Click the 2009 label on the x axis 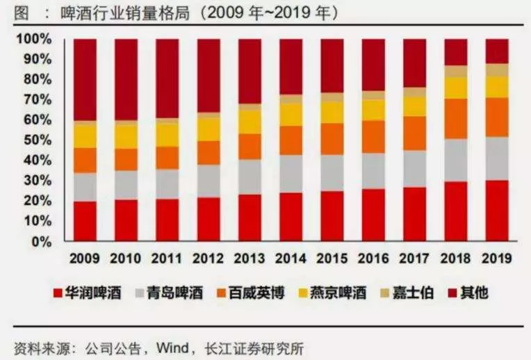click(x=85, y=259)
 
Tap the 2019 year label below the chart click(x=497, y=259)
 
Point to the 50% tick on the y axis click(x=38, y=140)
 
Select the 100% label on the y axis click(x=34, y=39)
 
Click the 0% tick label click(x=42, y=242)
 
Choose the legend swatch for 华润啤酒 click(x=58, y=293)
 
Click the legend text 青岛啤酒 click(x=175, y=293)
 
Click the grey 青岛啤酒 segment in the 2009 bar click(x=85, y=187)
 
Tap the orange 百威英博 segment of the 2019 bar click(x=497, y=117)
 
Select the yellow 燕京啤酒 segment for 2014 click(x=291, y=115)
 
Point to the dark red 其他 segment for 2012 click(x=209, y=76)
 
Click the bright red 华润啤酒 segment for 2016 click(x=373, y=215)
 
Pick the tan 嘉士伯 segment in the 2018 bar click(x=456, y=72)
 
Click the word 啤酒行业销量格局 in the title click(x=125, y=13)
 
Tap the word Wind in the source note click(x=172, y=347)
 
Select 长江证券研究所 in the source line click(x=254, y=348)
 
